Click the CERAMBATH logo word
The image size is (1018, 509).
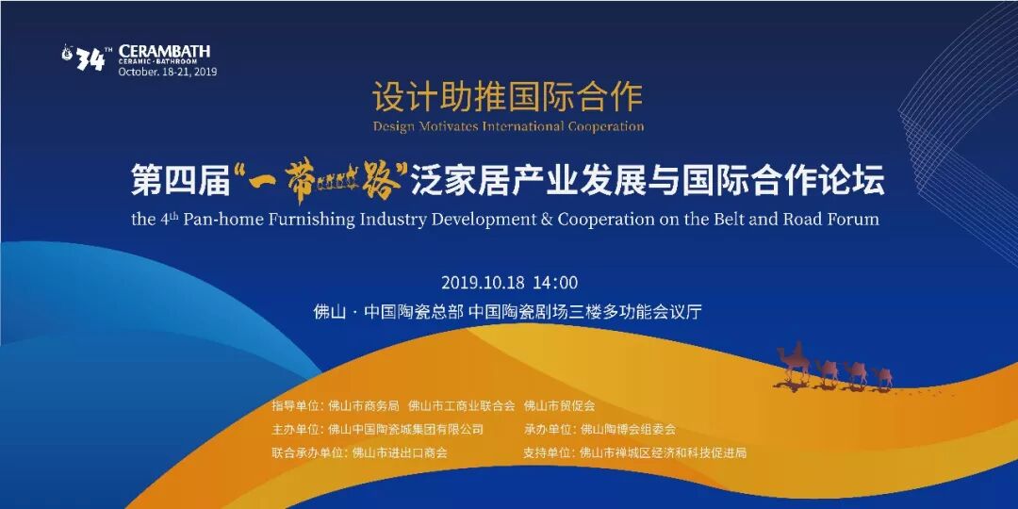tap(164, 51)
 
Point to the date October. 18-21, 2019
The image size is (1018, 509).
tap(168, 72)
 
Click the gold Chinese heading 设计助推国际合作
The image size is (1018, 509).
tap(508, 97)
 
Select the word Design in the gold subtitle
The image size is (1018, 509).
tap(393, 126)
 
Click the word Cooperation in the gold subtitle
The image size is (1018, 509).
tap(606, 126)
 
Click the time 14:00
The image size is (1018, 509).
tap(556, 283)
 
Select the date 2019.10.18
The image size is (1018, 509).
tap(484, 283)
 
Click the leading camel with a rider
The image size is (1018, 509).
tap(794, 362)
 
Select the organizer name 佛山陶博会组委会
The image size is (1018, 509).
tap(628, 429)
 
